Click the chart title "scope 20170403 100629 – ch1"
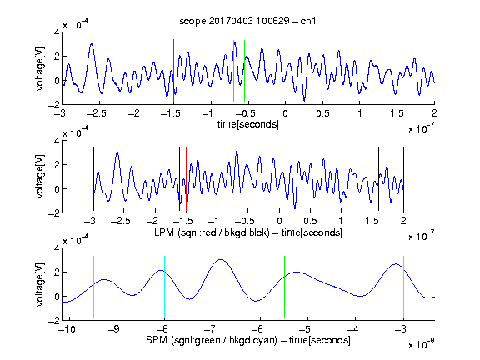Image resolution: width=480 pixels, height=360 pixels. (247, 21)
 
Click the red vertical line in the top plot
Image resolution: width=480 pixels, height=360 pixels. (173, 72)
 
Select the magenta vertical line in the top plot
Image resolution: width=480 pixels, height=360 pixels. (397, 72)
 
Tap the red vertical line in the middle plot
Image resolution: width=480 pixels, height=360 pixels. (186, 179)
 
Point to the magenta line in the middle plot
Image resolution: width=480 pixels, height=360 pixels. (372, 179)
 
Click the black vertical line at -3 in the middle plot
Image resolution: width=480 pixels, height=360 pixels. (93, 179)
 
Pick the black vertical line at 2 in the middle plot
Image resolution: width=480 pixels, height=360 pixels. (403, 179)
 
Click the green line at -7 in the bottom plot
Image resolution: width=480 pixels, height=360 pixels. (212, 287)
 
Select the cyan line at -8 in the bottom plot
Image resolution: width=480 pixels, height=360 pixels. (165, 287)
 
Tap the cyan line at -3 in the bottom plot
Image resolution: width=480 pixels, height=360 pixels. (404, 287)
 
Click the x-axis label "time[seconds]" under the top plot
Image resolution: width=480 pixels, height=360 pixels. (248, 124)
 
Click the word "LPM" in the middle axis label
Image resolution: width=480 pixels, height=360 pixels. (164, 232)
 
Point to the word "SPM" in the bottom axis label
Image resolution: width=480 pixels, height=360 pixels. (157, 340)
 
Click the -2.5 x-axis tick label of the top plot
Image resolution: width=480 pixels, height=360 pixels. (96, 113)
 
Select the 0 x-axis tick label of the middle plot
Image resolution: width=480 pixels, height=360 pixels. (279, 221)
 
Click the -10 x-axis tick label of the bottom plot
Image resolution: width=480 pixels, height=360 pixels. (67, 329)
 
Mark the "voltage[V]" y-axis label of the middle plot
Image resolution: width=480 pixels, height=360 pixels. (40, 176)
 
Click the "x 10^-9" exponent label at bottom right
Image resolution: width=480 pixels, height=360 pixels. (422, 344)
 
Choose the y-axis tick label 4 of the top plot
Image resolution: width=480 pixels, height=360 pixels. (57, 32)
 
